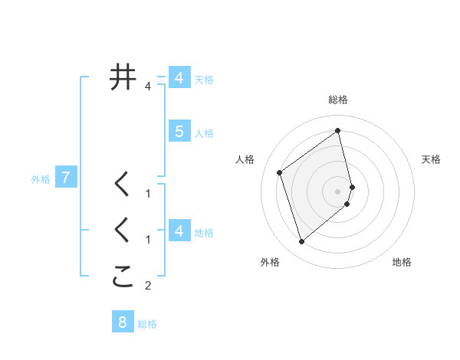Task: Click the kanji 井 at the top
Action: click(x=123, y=77)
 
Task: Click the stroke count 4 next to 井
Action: click(x=148, y=87)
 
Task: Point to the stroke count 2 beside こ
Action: click(x=148, y=286)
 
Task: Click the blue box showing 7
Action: click(x=66, y=178)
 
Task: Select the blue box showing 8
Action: click(x=123, y=322)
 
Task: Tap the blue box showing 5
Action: click(x=179, y=132)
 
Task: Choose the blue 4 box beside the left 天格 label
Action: click(x=179, y=78)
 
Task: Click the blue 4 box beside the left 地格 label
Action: click(x=179, y=231)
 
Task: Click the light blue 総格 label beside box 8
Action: click(x=147, y=324)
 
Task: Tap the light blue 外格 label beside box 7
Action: click(x=41, y=179)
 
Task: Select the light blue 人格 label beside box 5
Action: click(x=204, y=133)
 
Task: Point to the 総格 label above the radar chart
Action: click(x=338, y=100)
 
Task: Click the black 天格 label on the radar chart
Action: click(x=432, y=159)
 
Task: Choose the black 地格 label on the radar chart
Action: click(x=402, y=262)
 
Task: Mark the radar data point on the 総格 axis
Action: click(x=338, y=130)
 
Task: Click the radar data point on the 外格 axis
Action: click(x=301, y=242)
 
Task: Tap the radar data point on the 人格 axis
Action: click(x=280, y=172)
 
